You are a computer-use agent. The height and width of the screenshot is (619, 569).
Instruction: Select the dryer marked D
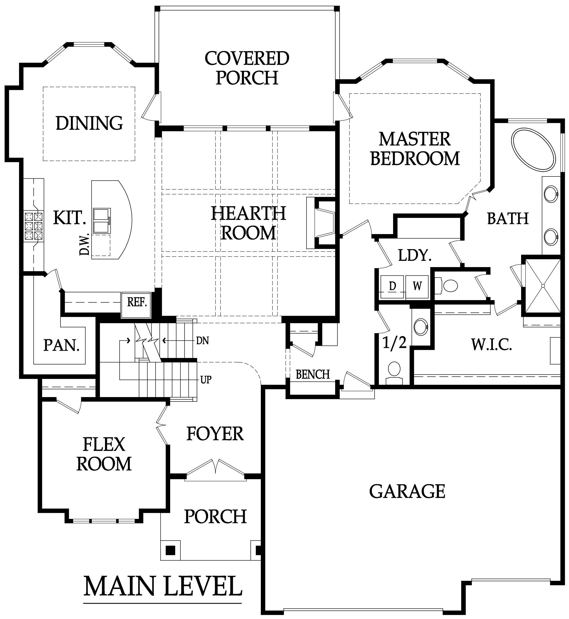coord(393,287)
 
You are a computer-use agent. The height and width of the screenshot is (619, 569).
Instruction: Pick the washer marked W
coord(417,287)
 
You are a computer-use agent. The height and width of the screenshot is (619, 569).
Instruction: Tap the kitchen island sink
coord(102,221)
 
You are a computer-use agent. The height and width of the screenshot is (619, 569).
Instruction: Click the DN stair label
coord(202,340)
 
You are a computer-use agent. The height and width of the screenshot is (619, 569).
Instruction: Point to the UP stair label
coord(206,380)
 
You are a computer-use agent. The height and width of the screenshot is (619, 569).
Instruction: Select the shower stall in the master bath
coord(543,286)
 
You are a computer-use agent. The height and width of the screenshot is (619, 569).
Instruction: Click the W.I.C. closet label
coord(491,345)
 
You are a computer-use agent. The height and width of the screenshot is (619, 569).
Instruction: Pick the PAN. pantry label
coord(61,345)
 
